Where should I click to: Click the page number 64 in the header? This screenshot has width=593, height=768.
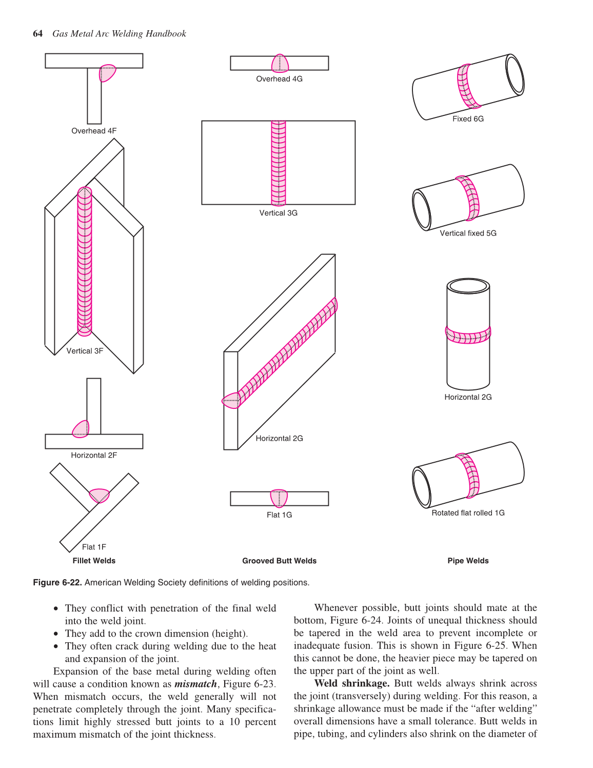pos(37,34)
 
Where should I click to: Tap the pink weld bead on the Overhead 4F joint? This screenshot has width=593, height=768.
pos(107,73)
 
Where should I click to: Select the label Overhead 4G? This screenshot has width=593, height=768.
pos(279,79)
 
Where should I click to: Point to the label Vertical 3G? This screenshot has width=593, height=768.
pos(278,213)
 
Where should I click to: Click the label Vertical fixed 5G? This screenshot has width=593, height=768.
pos(468,233)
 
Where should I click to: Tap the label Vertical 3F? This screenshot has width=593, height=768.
pos(85,351)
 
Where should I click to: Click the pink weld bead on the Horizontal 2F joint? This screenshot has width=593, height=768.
pos(81,429)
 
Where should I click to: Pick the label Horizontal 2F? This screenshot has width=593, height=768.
pos(94,455)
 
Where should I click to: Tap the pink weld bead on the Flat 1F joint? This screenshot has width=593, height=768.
pos(99,495)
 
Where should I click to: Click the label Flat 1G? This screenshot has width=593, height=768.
pos(279,515)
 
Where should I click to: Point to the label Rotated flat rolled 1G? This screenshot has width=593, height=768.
pos(468,513)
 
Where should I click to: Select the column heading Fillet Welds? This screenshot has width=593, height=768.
pos(94,561)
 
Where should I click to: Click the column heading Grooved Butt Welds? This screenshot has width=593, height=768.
pos(279,561)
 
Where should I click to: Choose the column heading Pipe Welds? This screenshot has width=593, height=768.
pos(468,561)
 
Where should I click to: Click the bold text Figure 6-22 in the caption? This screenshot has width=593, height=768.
pos(57,583)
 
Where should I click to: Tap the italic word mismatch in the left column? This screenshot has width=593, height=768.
pos(195,684)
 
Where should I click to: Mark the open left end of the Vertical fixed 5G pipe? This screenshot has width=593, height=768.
pos(422,210)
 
